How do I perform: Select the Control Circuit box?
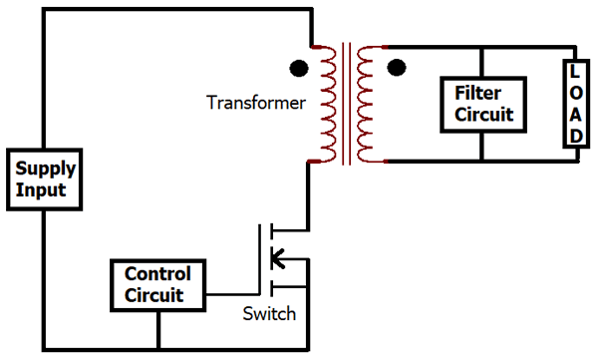(157, 283)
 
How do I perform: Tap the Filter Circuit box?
(482, 104)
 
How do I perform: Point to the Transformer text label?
(255, 103)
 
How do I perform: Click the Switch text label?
(270, 314)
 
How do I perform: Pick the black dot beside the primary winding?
(297, 69)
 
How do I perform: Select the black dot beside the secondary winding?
(397, 69)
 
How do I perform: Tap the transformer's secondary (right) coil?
(371, 104)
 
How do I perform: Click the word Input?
(34, 189)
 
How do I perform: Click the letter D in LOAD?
(575, 135)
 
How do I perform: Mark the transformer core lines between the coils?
(349, 104)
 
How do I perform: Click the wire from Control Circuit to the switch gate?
(233, 295)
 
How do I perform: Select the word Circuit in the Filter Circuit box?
(483, 115)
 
